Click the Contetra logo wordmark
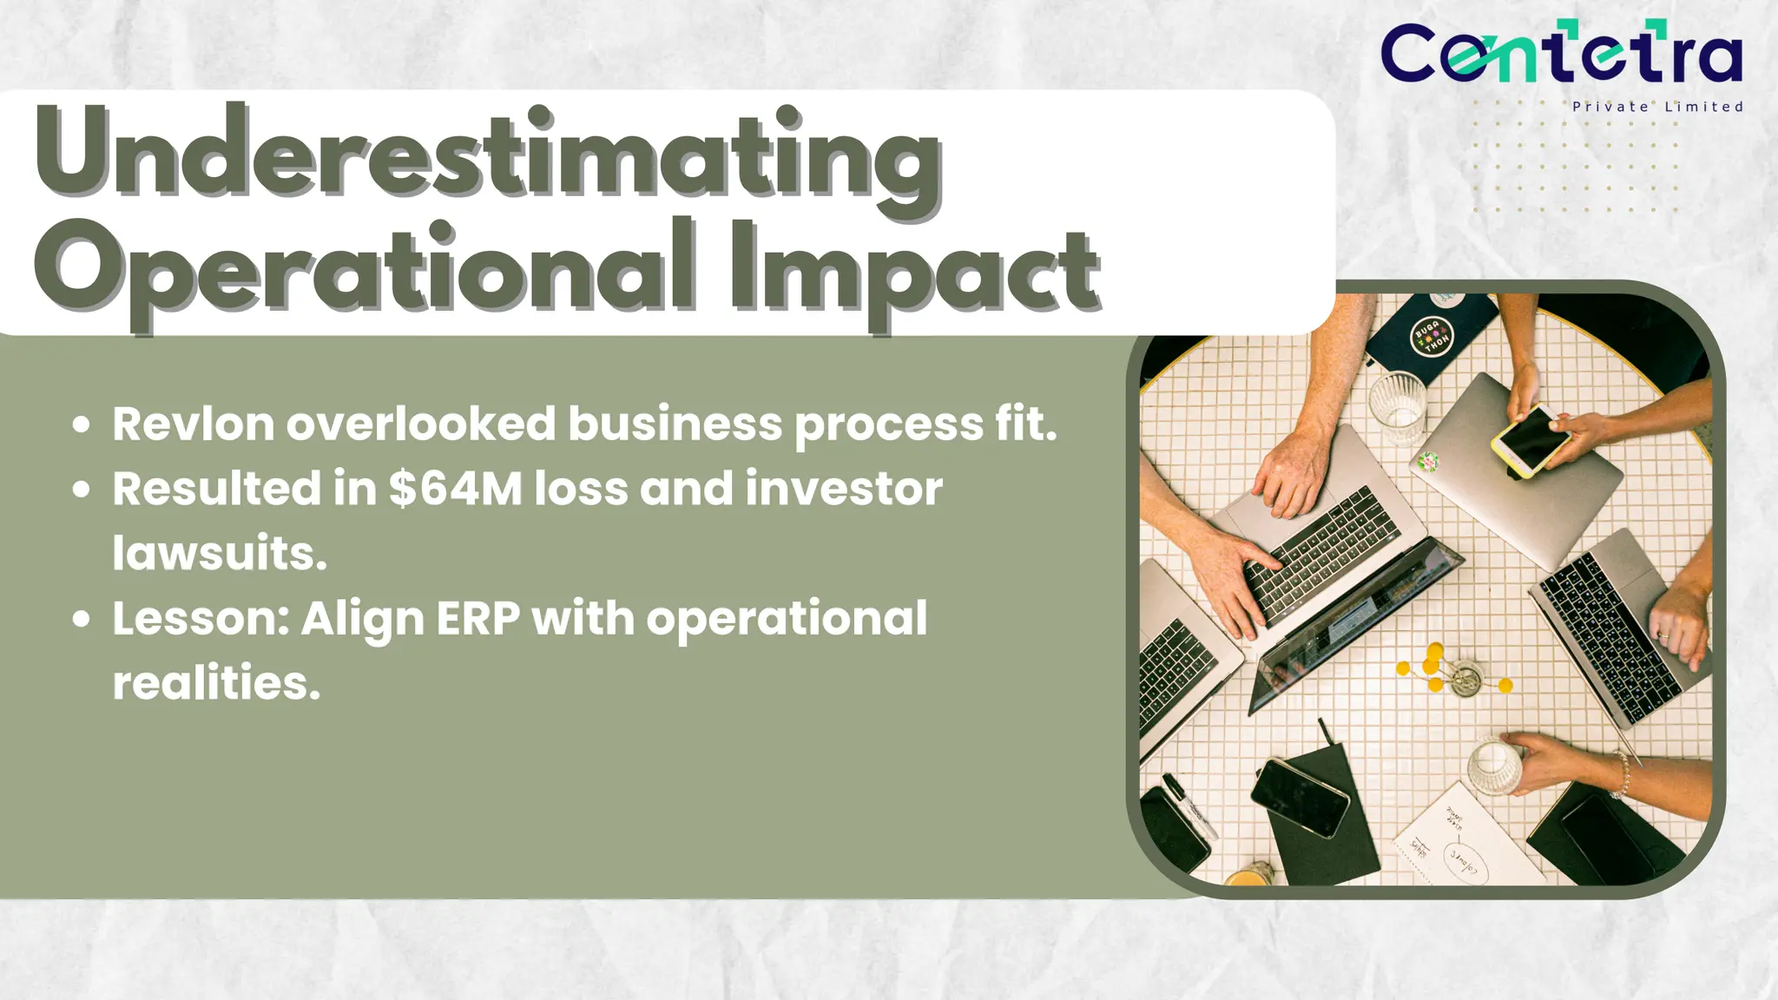click(1561, 54)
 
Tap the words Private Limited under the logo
click(1657, 107)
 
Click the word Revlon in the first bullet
click(193, 424)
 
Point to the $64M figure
click(456, 489)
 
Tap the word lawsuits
click(219, 553)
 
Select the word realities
click(215, 683)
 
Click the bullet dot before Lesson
click(82, 619)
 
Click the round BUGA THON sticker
click(1432, 335)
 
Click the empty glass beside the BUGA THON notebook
click(1397, 405)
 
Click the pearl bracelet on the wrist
click(1620, 774)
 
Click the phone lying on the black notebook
click(1299, 797)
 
